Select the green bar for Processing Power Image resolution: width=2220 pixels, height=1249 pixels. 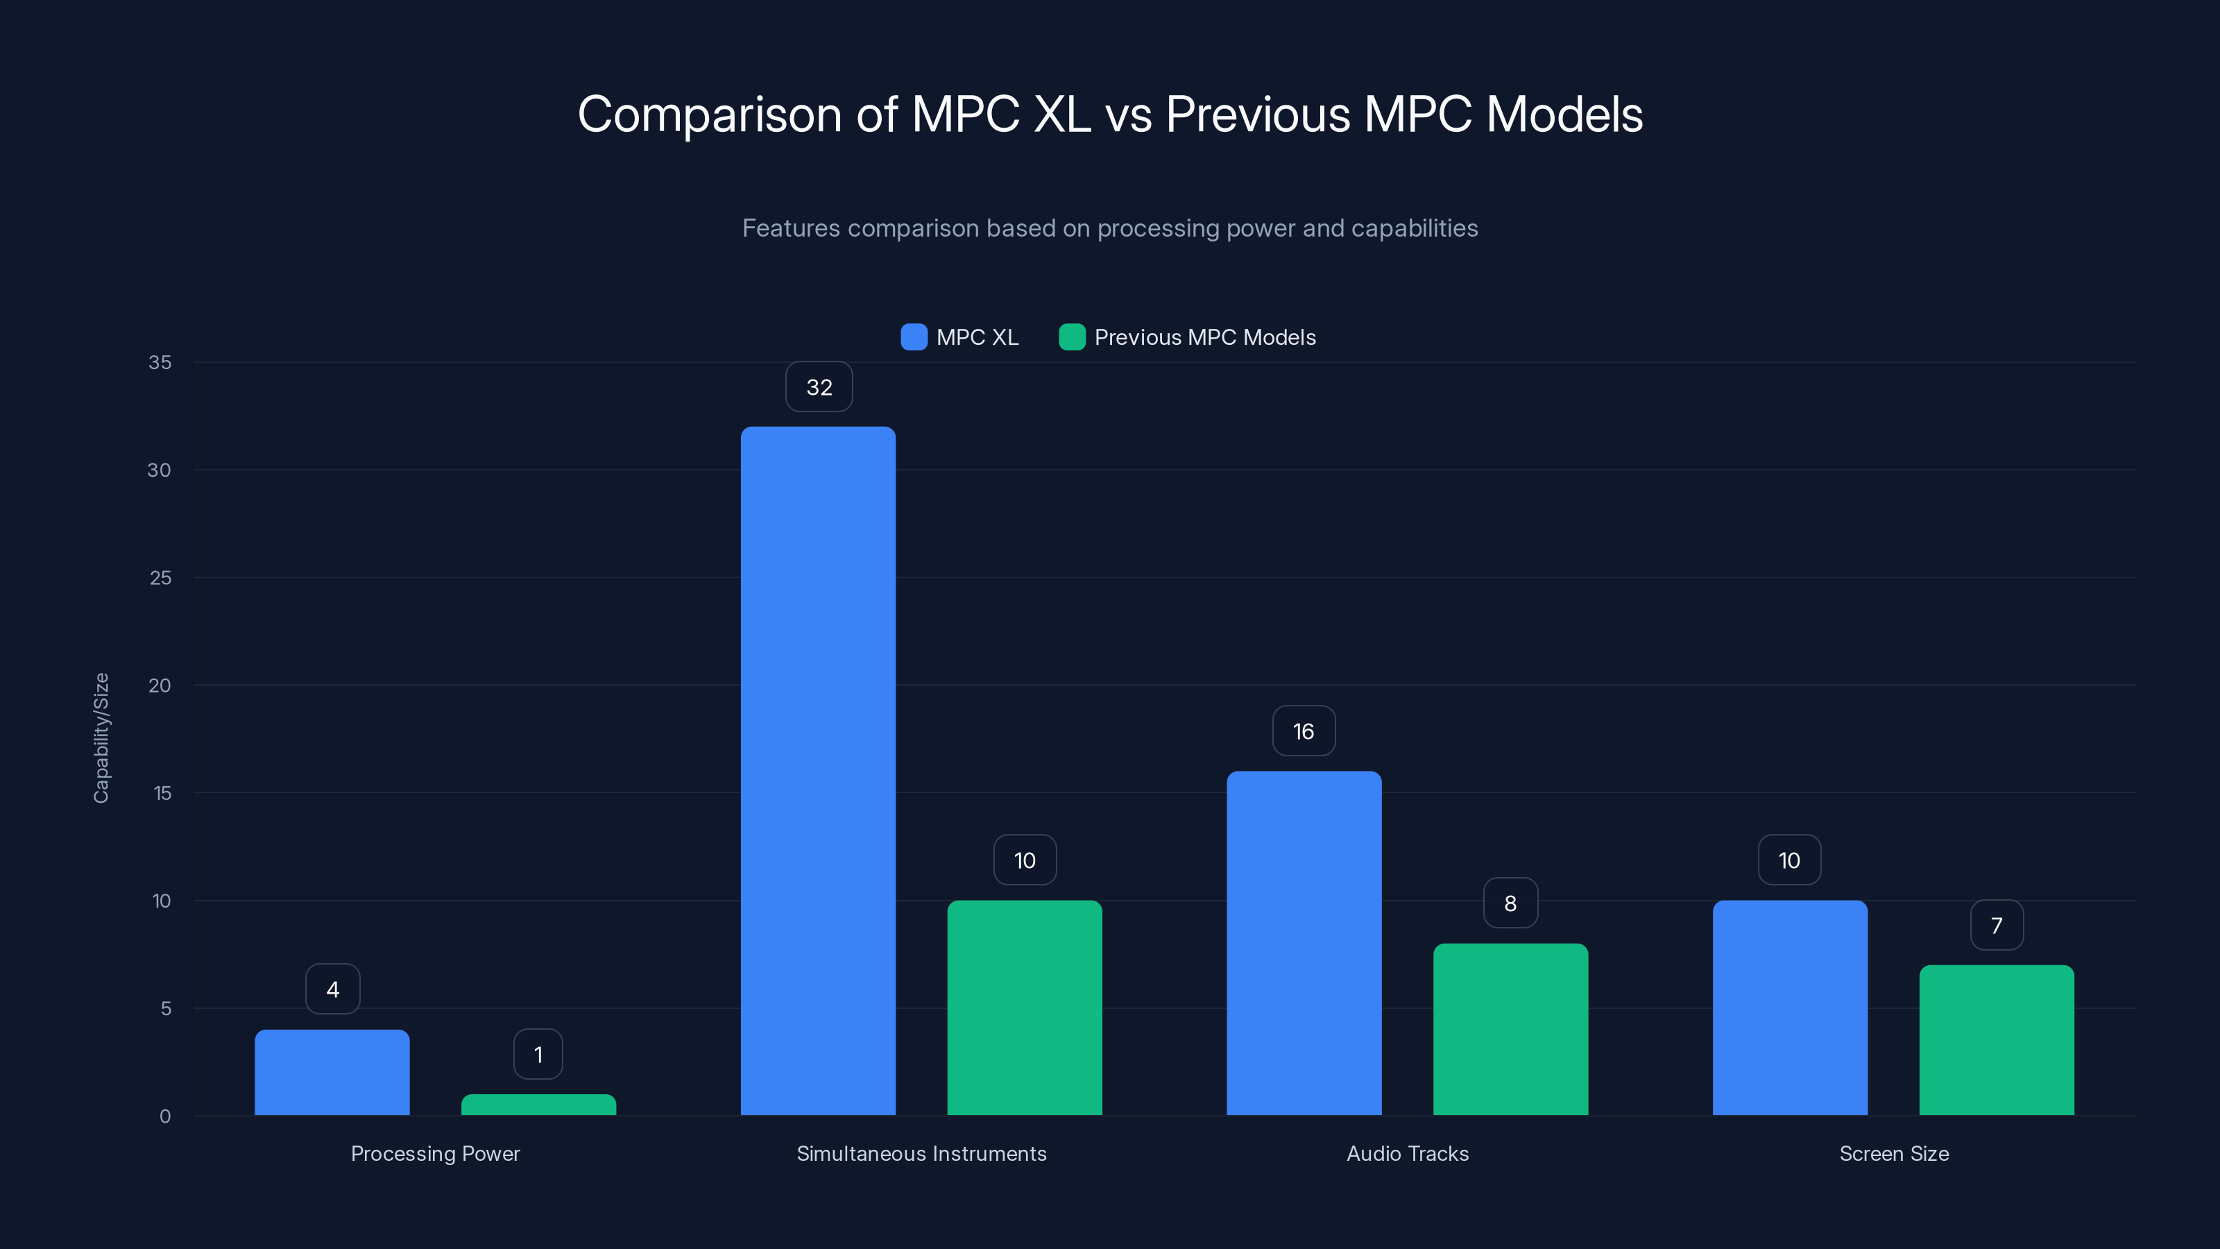click(538, 1105)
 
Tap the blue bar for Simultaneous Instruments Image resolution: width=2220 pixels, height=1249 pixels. click(818, 771)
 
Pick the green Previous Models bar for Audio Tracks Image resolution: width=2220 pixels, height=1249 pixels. click(1510, 1029)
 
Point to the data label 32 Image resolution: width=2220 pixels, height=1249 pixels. click(819, 387)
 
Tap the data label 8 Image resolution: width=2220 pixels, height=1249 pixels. click(1510, 903)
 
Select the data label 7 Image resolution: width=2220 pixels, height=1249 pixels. click(1996, 926)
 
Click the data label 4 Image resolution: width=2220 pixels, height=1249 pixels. click(333, 989)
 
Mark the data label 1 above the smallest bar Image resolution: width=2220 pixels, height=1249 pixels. click(538, 1054)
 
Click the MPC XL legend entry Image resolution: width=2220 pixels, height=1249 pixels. click(960, 337)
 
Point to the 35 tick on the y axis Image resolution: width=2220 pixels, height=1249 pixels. click(160, 363)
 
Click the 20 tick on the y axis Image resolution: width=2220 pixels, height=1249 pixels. click(160, 686)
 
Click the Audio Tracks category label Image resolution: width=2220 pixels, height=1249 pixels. click(1408, 1153)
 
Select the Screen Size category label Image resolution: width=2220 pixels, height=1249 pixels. click(1893, 1153)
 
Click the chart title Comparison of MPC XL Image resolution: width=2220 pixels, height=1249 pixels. click(1109, 114)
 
